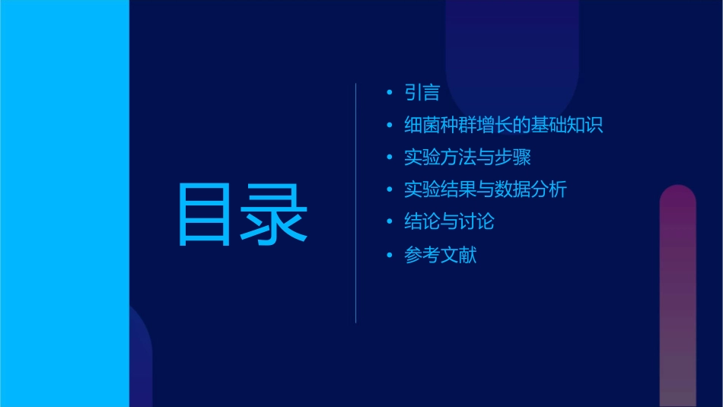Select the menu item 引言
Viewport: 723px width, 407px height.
pyautogui.click(x=422, y=93)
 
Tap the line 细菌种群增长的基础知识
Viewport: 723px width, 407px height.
pyautogui.click(x=503, y=126)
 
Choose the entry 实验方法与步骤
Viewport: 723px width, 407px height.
pyautogui.click(x=467, y=158)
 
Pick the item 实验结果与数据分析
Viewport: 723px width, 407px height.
pyautogui.click(x=485, y=190)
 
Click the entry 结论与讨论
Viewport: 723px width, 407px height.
pyautogui.click(x=449, y=222)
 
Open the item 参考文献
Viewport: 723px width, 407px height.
pyautogui.click(x=440, y=255)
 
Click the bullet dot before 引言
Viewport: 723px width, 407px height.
pyautogui.click(x=390, y=93)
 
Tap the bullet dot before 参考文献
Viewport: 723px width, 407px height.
pyautogui.click(x=390, y=255)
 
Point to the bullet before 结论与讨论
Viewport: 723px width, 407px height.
pyautogui.click(x=390, y=222)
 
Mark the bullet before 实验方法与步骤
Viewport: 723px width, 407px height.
pyautogui.click(x=390, y=158)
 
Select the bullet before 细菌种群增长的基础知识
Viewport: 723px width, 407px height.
pyautogui.click(x=390, y=126)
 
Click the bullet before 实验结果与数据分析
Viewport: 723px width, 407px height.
pyautogui.click(x=390, y=190)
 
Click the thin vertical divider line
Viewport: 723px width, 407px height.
pyautogui.click(x=356, y=202)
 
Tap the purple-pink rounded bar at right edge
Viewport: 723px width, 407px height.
pyautogui.click(x=677, y=297)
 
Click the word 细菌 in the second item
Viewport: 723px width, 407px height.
pyautogui.click(x=422, y=126)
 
